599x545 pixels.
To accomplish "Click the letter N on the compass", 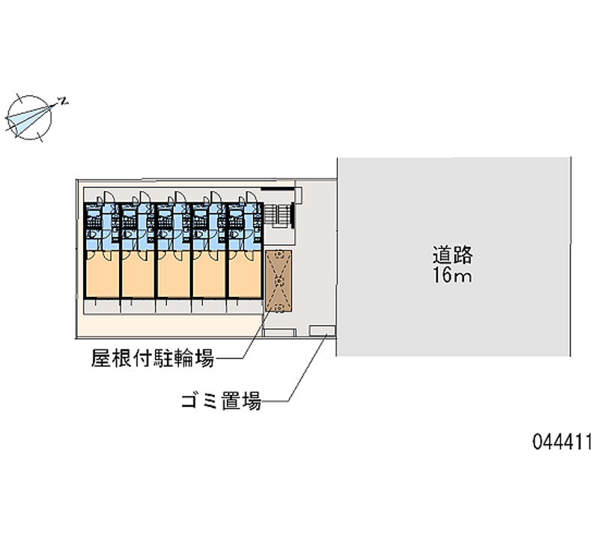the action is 64,101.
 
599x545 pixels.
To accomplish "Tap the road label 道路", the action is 452,255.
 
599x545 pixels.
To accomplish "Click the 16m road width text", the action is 452,275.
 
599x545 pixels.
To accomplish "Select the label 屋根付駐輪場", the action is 153,358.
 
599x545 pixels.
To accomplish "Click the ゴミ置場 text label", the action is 221,401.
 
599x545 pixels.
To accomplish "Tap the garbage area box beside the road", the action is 323,331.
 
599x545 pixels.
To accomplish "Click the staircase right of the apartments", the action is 279,216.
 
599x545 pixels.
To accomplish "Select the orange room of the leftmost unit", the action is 102,274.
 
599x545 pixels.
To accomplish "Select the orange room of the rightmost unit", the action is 246,274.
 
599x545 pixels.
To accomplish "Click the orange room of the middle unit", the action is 174,274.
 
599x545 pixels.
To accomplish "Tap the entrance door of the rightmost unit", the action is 252,197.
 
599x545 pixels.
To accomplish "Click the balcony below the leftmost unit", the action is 102,307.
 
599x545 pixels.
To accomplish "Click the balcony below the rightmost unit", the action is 245,307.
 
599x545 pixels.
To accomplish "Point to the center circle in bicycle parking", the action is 279,282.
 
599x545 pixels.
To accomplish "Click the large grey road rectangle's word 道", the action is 442,255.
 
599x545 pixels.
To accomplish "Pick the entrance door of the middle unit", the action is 180,197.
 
